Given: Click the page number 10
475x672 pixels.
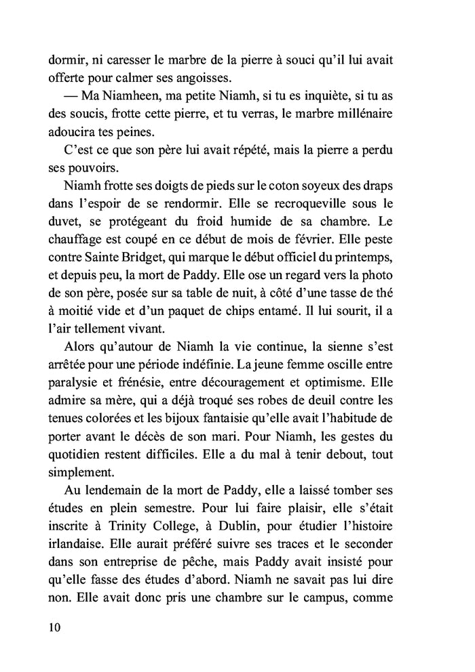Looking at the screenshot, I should [x=55, y=627].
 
